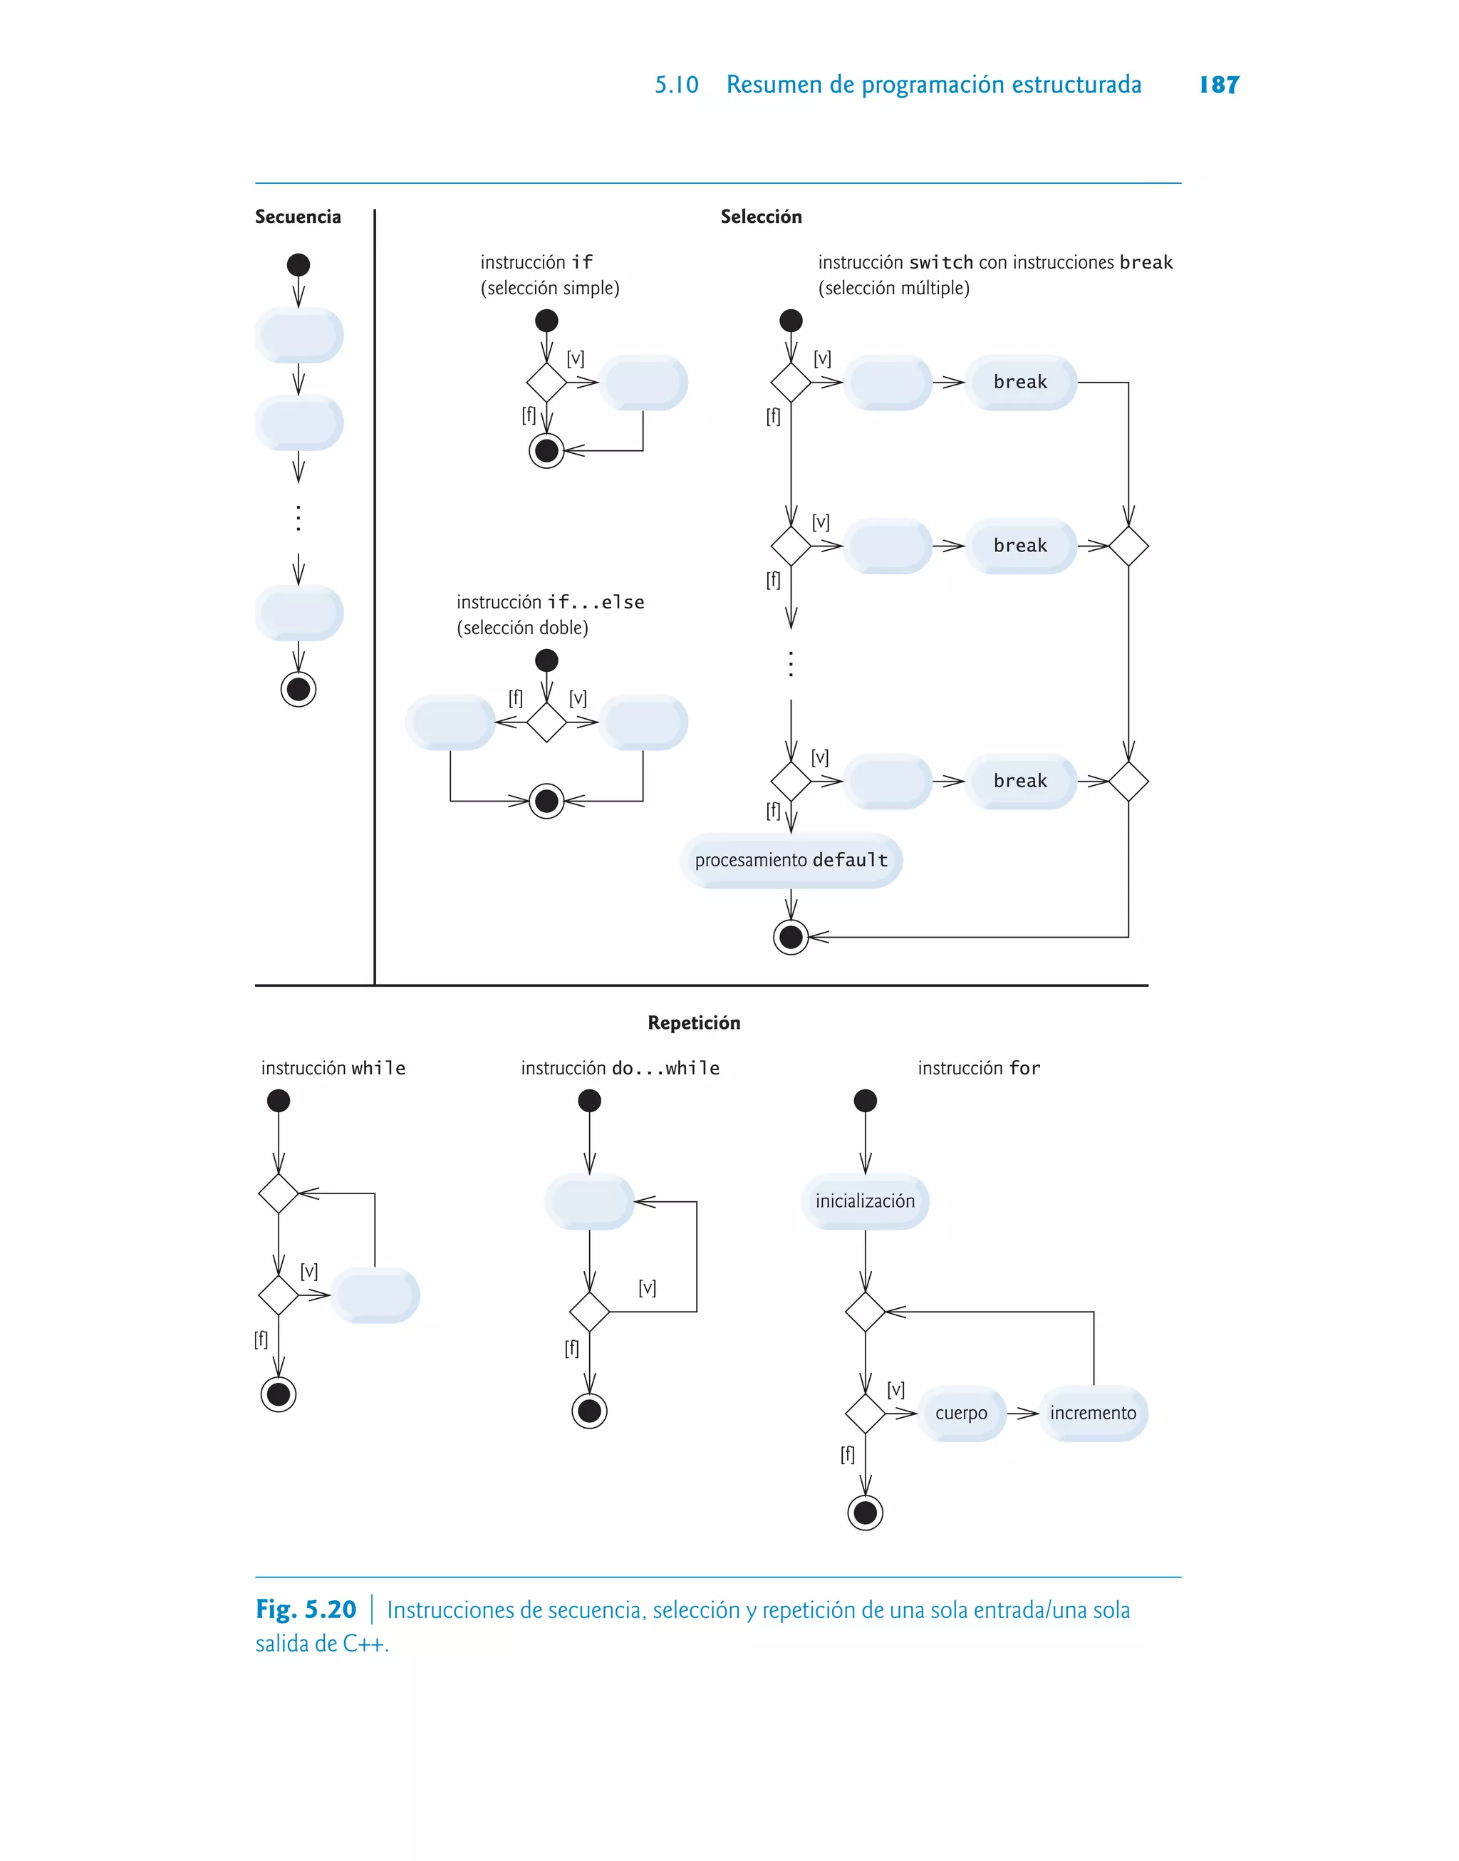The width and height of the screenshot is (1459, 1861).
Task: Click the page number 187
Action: pos(1218,85)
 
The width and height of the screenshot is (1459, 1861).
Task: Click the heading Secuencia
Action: pos(297,217)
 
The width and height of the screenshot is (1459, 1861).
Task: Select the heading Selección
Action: pos(760,217)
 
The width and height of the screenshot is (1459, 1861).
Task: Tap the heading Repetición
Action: pos(694,1022)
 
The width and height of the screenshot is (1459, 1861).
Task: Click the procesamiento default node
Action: pos(791,860)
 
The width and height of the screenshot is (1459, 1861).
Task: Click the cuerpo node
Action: pos(961,1414)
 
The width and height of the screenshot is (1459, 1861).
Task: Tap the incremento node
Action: pos(1093,1414)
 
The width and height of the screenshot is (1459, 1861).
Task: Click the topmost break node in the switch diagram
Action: pos(1020,382)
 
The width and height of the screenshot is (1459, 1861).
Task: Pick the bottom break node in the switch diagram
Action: pos(1020,781)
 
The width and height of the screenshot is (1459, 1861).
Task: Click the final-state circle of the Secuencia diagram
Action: pos(298,689)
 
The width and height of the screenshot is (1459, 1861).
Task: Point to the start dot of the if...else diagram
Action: pos(546,660)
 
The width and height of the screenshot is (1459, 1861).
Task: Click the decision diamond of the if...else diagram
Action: pos(546,722)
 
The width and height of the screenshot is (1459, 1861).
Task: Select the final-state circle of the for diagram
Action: pos(866,1513)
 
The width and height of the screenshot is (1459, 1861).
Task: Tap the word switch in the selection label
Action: pos(941,262)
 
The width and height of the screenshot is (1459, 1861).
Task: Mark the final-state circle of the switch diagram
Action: pos(791,937)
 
